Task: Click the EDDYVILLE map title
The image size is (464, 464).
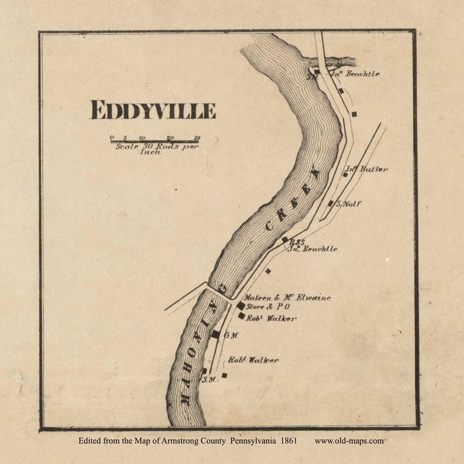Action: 153,110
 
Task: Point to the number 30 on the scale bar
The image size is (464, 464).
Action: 197,137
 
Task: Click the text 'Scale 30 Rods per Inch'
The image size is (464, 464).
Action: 157,149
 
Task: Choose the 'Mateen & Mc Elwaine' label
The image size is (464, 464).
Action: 287,297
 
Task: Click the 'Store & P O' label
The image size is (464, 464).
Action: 268,307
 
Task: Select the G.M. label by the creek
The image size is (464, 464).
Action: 231,335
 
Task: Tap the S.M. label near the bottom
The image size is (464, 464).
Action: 210,379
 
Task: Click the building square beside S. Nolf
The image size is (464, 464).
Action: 330,203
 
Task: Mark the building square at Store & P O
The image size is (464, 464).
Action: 241,306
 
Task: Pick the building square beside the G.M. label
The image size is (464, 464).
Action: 216,334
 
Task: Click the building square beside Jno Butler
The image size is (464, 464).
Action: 345,174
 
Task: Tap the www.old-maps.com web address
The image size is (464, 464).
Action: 349,441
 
